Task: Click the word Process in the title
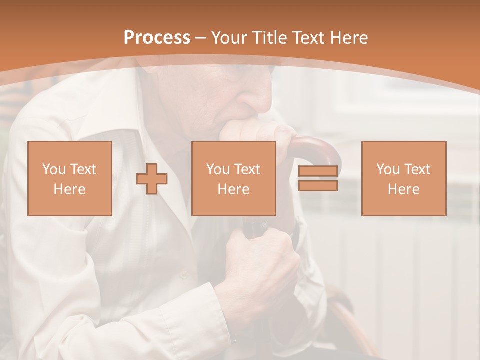pyautogui.click(x=157, y=38)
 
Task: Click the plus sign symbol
pyautogui.click(x=152, y=179)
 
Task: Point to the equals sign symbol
pyautogui.click(x=318, y=178)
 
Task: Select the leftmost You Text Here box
pyautogui.click(x=69, y=178)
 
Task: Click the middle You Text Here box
pyautogui.click(x=233, y=178)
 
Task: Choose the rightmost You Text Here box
pyautogui.click(x=403, y=178)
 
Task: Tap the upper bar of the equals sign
pyautogui.click(x=318, y=171)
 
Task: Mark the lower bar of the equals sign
pyautogui.click(x=318, y=185)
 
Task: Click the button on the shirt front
pyautogui.click(x=184, y=274)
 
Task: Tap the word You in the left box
pyautogui.click(x=54, y=169)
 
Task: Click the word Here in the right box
pyautogui.click(x=403, y=189)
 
